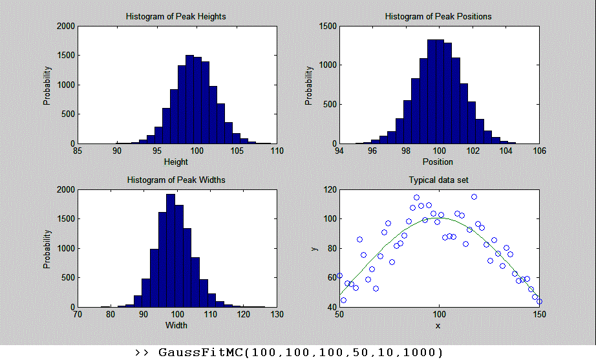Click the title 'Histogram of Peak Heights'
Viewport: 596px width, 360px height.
(x=176, y=16)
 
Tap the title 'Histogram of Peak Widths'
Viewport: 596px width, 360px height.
(x=176, y=180)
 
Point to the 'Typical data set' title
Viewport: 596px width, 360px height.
(x=438, y=180)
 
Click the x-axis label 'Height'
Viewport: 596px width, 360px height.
(x=176, y=162)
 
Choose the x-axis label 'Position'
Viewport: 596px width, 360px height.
(x=438, y=162)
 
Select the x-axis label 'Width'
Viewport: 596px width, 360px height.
(x=176, y=325)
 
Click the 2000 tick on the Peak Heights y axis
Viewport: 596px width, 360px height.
(x=65, y=26)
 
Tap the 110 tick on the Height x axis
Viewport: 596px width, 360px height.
(x=277, y=152)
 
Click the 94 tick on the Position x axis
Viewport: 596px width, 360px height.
(x=339, y=152)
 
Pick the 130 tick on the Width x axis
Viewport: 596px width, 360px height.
(x=277, y=315)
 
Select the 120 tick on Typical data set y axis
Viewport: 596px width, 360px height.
(x=329, y=190)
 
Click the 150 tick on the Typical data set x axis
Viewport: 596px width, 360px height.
(x=539, y=315)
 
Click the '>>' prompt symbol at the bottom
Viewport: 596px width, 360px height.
(x=142, y=352)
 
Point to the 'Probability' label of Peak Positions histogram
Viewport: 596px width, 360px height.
(x=309, y=85)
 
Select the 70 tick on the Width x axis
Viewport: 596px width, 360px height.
(x=78, y=315)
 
